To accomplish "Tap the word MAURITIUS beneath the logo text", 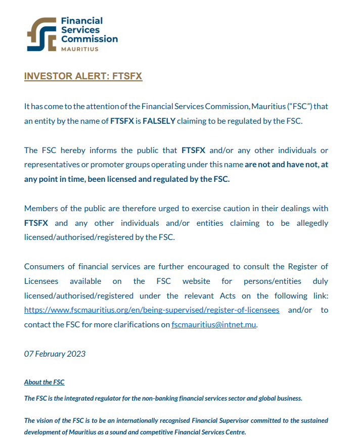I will pos(79,49).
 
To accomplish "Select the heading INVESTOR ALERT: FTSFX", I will pos(83,76).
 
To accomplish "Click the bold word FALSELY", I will pos(159,121).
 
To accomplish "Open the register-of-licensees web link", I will pos(152,310).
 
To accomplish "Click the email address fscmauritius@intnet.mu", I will pos(214,325).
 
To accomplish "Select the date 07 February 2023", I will pos(55,354).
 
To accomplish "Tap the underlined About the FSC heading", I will pos(44,382).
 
